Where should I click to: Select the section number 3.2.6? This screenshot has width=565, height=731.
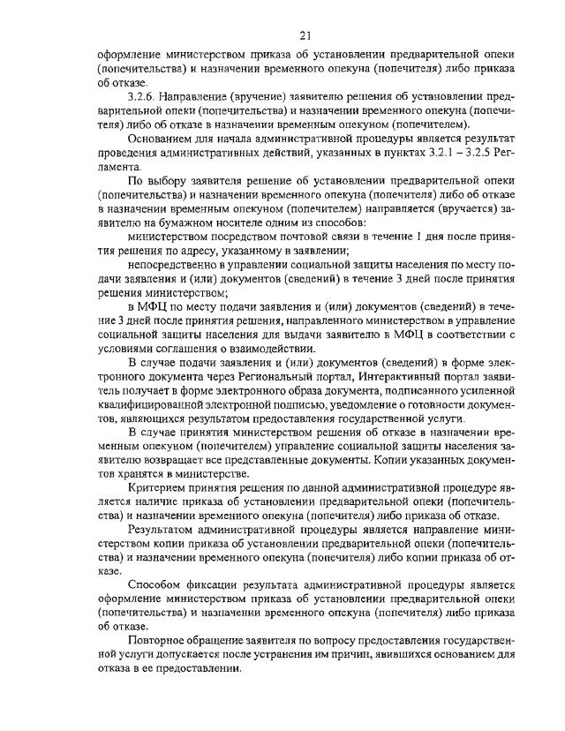[145, 95]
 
